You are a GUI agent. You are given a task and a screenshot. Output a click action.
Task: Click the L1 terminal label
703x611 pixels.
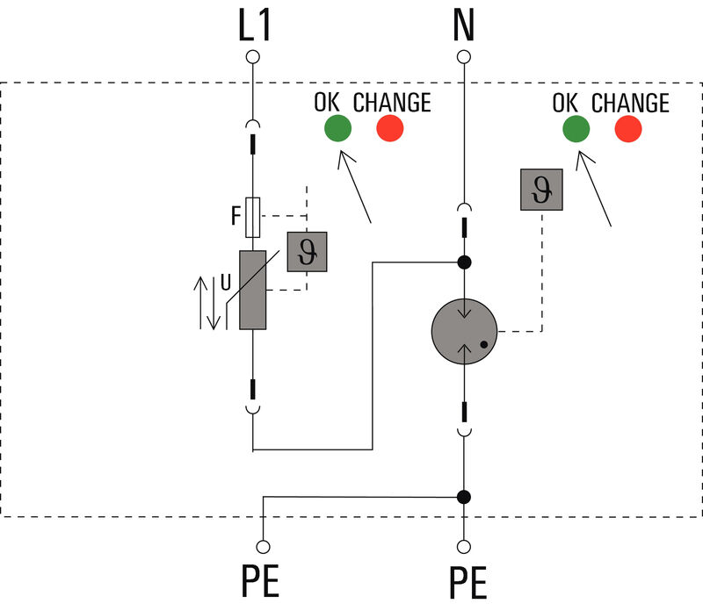[x=254, y=27]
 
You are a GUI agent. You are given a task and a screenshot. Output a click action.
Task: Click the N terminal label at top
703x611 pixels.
[x=463, y=27]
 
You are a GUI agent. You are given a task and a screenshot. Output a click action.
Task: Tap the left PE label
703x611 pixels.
[x=261, y=580]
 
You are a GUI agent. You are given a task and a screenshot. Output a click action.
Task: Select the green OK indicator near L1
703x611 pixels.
[x=337, y=129]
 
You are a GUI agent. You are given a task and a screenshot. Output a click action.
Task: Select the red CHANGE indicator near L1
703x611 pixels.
[x=389, y=129]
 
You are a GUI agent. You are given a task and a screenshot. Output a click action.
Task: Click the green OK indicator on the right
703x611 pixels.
[x=576, y=129]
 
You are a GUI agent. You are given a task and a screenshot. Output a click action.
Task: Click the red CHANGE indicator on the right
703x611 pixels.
[x=627, y=129]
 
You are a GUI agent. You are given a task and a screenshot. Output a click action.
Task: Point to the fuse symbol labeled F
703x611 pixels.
[x=253, y=217]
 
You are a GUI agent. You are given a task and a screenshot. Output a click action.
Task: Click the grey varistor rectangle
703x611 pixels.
[x=253, y=290]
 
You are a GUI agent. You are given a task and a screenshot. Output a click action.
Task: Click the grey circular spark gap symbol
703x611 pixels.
[x=464, y=333]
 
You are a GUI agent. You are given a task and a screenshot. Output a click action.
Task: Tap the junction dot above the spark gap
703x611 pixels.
[x=464, y=262]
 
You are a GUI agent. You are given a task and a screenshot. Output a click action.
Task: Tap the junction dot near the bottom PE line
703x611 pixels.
[x=464, y=497]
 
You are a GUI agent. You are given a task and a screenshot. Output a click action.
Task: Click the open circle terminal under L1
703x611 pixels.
[x=253, y=58]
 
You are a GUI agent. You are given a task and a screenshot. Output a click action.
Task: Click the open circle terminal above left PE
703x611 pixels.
[x=261, y=544]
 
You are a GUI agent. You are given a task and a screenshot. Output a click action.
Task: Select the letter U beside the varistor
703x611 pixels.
[x=226, y=284]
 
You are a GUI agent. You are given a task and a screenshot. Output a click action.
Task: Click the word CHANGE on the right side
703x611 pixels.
[x=630, y=103]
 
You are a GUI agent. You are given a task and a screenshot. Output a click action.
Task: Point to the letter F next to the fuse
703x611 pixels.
[x=236, y=216]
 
